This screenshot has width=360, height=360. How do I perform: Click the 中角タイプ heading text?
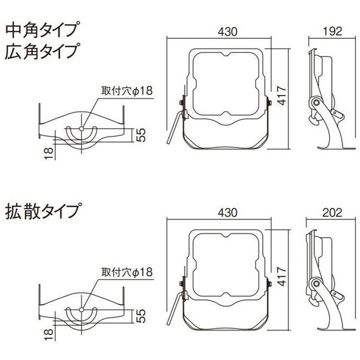(x=40, y=30)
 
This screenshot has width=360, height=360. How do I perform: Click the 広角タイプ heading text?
(x=40, y=51)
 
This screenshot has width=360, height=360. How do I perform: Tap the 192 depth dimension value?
(x=333, y=31)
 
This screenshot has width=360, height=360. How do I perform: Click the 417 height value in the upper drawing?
(x=281, y=96)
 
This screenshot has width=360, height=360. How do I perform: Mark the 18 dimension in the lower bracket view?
(x=49, y=333)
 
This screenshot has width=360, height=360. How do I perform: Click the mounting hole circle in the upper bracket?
(x=81, y=129)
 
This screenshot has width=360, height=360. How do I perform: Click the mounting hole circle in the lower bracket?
(x=81, y=310)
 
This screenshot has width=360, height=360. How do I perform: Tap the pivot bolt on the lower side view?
(x=315, y=284)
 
